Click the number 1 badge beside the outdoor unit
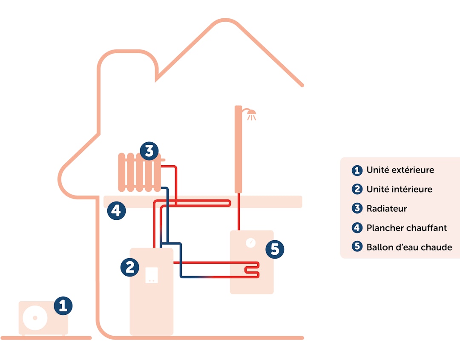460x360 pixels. pyautogui.click(x=63, y=306)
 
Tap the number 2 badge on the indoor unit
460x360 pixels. pyautogui.click(x=130, y=267)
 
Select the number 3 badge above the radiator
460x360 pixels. pyautogui.click(x=149, y=151)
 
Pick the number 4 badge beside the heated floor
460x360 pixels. pyautogui.click(x=116, y=210)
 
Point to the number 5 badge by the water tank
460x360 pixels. pyautogui.click(x=275, y=249)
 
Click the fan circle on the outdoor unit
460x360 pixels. pyautogui.click(x=35, y=318)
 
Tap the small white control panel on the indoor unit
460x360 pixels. pyautogui.click(x=152, y=275)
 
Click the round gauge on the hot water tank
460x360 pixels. pyautogui.click(x=251, y=243)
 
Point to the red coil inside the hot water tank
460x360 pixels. pyautogui.click(x=251, y=270)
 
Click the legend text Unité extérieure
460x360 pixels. pyautogui.click(x=400, y=170)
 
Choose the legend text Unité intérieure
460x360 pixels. pyautogui.click(x=399, y=189)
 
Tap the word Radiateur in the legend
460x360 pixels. pyautogui.click(x=386, y=209)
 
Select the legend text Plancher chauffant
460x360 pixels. pyautogui.click(x=406, y=228)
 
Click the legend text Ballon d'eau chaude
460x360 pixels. pyautogui.click(x=409, y=248)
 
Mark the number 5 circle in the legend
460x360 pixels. pyautogui.click(x=357, y=247)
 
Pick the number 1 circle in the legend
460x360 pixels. pyautogui.click(x=357, y=170)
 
